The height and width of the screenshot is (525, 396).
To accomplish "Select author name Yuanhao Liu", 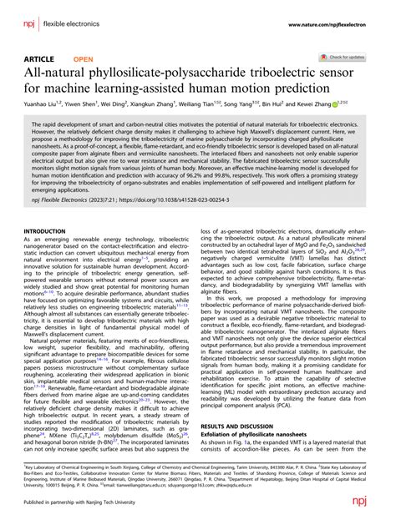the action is [x=40, y=105].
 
